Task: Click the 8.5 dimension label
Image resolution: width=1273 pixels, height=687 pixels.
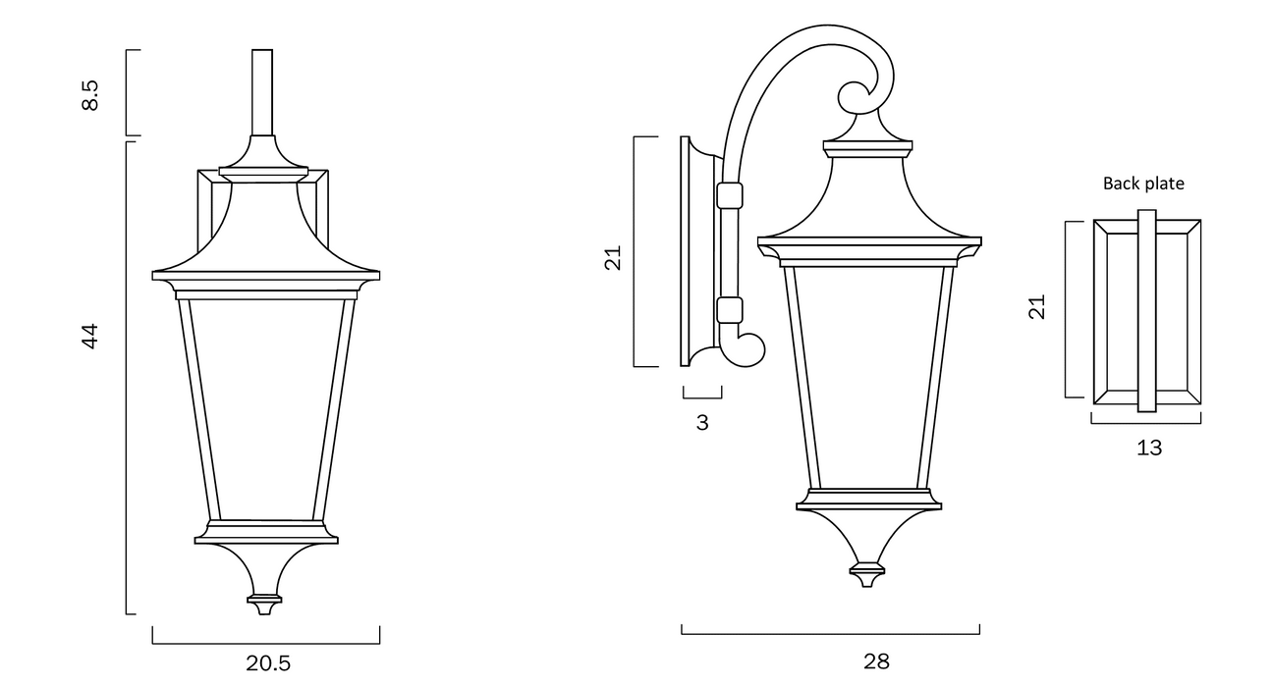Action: coord(89,94)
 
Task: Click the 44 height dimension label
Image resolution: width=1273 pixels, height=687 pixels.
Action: coord(89,336)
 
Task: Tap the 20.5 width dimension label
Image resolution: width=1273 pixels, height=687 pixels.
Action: coord(268,663)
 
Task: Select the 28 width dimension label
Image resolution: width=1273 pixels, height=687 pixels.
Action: coord(876,661)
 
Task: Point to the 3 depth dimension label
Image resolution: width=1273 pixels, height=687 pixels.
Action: coord(701,423)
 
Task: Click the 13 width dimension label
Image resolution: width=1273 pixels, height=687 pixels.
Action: coord(1148,448)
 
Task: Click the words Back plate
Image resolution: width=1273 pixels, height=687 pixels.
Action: coord(1143,184)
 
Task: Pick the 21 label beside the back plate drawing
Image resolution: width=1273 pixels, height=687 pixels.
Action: coord(1037,307)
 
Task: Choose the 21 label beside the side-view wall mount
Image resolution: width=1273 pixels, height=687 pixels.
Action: coord(614,258)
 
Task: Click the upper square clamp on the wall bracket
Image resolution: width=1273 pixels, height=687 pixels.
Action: coord(728,195)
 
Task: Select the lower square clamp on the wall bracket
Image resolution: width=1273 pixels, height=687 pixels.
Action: coord(728,311)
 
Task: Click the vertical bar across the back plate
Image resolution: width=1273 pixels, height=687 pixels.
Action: coord(1147,310)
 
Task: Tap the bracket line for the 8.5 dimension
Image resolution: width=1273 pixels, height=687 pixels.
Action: coord(128,92)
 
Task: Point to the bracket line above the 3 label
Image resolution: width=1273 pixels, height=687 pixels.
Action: coord(702,397)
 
